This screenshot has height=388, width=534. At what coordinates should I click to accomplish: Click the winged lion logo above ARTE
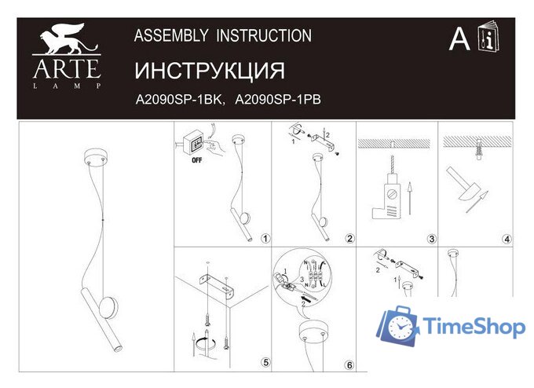pyautogui.click(x=67, y=40)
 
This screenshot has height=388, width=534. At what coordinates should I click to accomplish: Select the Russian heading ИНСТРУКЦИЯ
pyautogui.click(x=210, y=71)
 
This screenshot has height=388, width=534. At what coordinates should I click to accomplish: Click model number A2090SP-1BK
pyautogui.click(x=181, y=99)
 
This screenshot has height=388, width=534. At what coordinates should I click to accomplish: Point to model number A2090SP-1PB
pyautogui.click(x=280, y=99)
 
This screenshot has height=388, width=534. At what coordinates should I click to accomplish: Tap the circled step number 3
pyautogui.click(x=431, y=239)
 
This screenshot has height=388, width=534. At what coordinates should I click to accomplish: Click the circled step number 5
pyautogui.click(x=265, y=362)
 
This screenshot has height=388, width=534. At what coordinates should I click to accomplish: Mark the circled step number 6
pyautogui.click(x=349, y=364)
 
